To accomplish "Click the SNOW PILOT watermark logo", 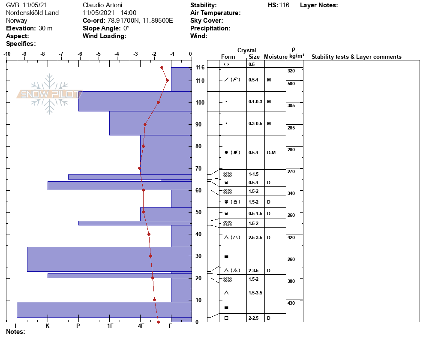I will (50, 94).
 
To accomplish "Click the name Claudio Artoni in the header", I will (102, 5).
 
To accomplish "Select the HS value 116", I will (284, 5).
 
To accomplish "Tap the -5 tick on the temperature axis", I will (99, 54).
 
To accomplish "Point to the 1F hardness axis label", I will (110, 326).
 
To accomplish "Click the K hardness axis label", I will (48, 326).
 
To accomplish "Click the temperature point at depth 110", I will (167, 80).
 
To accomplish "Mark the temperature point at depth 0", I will (158, 322).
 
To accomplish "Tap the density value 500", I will (291, 84).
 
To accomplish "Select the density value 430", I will (291, 303).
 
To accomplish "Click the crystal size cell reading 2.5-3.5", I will (255, 237).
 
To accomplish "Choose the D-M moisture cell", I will (271, 153).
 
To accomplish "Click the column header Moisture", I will (275, 57).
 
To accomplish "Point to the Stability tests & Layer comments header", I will (356, 57).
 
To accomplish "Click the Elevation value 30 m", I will (45, 28).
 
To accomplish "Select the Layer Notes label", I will (319, 5).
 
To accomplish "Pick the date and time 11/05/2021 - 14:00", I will (110, 13).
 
